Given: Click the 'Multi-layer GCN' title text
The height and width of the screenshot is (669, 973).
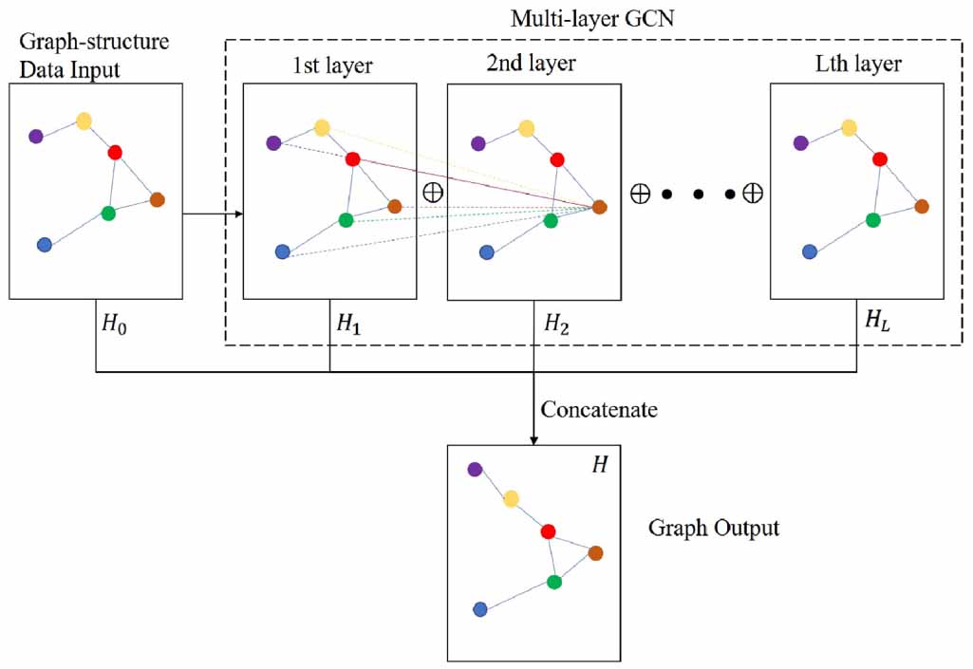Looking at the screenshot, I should tap(592, 18).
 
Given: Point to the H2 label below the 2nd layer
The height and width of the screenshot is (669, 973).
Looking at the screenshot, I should tap(557, 323).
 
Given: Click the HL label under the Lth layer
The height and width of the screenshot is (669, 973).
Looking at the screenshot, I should tap(878, 323).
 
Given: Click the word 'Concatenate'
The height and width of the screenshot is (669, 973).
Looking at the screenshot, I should tap(598, 410).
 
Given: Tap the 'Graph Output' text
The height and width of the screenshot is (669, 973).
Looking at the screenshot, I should tap(713, 528).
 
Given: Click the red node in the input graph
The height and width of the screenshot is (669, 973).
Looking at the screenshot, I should tap(116, 152).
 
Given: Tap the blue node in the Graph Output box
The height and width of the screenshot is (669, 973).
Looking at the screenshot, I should tap(480, 609).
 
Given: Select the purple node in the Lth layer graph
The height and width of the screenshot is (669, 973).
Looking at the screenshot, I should tap(801, 143).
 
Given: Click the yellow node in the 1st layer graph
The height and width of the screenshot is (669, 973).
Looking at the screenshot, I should tap(322, 127).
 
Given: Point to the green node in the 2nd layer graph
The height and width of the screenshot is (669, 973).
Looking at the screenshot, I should tap(551, 220).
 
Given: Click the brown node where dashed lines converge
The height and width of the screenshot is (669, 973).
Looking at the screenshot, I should tap(599, 206).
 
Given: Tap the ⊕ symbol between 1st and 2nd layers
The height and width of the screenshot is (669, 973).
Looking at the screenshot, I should tap(432, 191).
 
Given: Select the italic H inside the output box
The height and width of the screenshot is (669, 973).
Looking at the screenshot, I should tap(599, 466).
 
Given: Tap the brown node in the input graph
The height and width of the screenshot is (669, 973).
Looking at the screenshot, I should tap(158, 199).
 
